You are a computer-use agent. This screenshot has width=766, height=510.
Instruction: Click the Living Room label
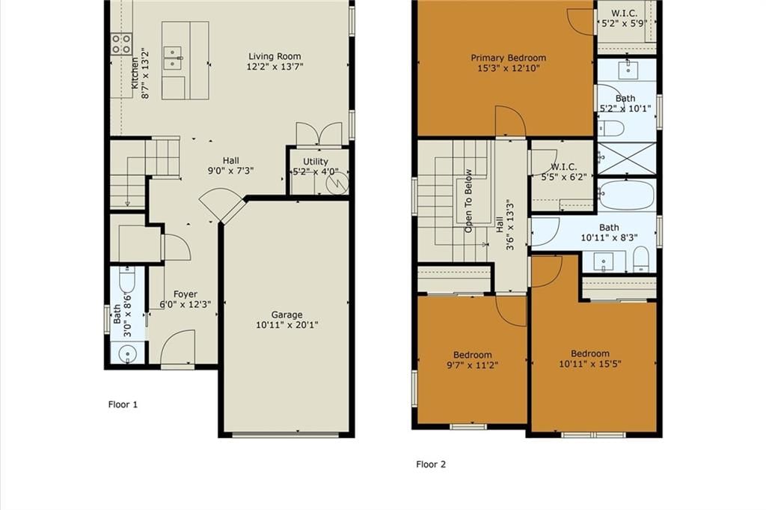275,56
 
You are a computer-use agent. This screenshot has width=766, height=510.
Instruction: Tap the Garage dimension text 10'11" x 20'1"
287,325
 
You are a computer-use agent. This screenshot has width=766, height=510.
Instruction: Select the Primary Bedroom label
508,58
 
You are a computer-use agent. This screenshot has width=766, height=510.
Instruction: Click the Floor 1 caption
123,404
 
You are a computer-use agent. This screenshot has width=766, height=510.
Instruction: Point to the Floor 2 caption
431,464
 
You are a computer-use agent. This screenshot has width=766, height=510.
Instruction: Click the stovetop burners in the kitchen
121,43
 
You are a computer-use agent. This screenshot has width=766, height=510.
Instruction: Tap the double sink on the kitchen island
173,58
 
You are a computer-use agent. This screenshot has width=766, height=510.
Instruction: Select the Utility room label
316,161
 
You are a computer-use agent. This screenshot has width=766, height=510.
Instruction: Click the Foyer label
186,294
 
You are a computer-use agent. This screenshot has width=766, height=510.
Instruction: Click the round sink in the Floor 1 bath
127,353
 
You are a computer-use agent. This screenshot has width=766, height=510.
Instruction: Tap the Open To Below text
468,201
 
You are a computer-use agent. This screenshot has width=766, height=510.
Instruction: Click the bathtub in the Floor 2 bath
627,195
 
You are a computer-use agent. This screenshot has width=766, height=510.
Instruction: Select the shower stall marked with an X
627,158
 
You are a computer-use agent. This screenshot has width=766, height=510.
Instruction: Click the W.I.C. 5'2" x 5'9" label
625,18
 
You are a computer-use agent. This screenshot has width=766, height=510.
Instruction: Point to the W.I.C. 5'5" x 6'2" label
564,171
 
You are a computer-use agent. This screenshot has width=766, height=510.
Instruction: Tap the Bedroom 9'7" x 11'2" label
473,360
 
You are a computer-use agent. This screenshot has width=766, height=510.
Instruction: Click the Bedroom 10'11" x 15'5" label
590,359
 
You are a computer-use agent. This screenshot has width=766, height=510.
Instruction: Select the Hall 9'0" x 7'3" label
230,166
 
